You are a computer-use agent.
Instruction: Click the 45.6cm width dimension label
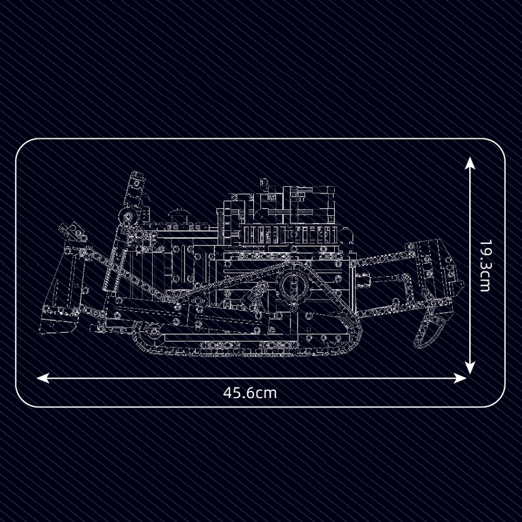point(250,393)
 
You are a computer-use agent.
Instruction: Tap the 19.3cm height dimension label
point(485,266)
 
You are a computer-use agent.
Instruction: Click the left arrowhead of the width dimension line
point(43,378)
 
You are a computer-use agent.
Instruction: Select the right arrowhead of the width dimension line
point(461,378)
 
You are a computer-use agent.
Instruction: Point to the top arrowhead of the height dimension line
point(470,163)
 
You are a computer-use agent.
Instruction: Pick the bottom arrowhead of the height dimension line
point(470,367)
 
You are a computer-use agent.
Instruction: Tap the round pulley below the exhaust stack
point(127,217)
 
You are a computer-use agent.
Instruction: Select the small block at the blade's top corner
point(72,231)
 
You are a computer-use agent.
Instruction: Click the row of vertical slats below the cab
point(289,234)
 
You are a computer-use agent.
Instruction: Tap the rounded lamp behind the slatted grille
point(346,235)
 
